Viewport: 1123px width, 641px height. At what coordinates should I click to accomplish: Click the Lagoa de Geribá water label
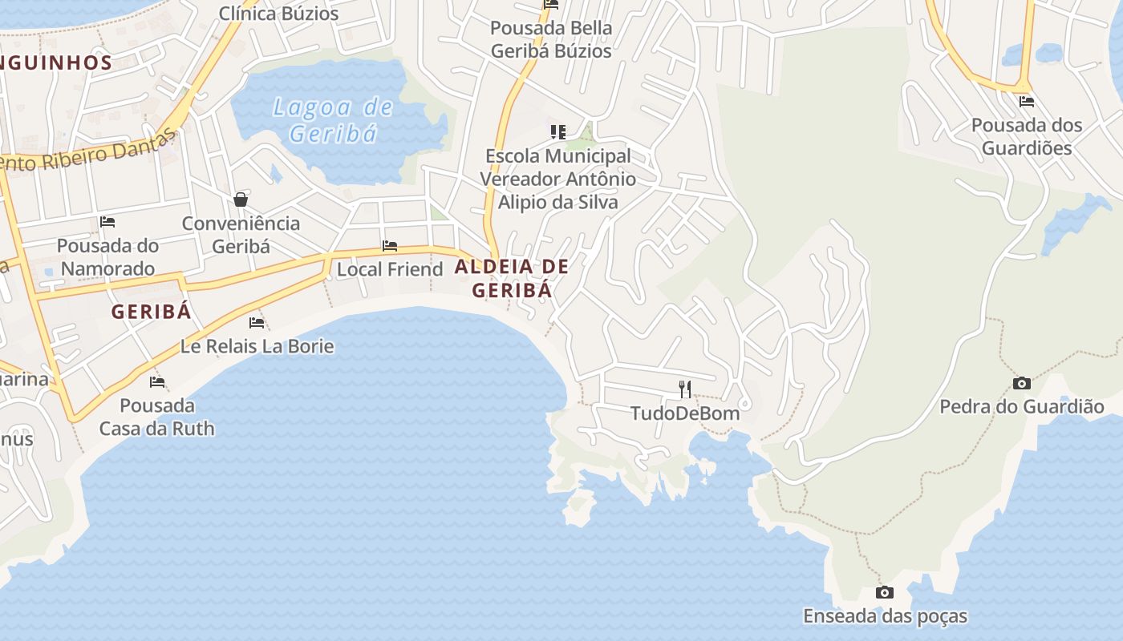333,120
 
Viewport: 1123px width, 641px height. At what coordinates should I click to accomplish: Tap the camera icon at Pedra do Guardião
1021,384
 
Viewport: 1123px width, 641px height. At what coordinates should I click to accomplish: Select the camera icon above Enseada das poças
885,593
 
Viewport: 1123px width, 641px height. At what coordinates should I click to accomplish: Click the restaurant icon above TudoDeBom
685,389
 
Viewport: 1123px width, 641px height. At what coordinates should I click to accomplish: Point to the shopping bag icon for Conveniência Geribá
241,200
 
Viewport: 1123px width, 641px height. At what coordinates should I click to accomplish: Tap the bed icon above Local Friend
390,246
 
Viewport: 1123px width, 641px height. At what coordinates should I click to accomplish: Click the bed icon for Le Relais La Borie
257,323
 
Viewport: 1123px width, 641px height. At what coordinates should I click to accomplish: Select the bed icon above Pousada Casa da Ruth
157,382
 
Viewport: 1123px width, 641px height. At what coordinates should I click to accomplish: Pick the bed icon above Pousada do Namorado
107,222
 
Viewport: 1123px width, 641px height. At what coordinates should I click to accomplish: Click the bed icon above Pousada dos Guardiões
1026,102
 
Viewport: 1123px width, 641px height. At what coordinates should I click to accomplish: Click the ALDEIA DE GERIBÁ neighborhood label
512,278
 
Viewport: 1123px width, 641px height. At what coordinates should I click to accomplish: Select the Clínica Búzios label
278,14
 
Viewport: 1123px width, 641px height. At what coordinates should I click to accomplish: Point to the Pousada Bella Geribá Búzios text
551,39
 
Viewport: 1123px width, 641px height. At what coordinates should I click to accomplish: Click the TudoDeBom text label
685,413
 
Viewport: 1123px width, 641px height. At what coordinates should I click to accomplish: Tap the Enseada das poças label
885,616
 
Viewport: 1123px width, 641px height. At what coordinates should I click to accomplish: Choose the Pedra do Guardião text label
1021,407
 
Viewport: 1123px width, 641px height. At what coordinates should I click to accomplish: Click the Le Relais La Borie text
257,346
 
